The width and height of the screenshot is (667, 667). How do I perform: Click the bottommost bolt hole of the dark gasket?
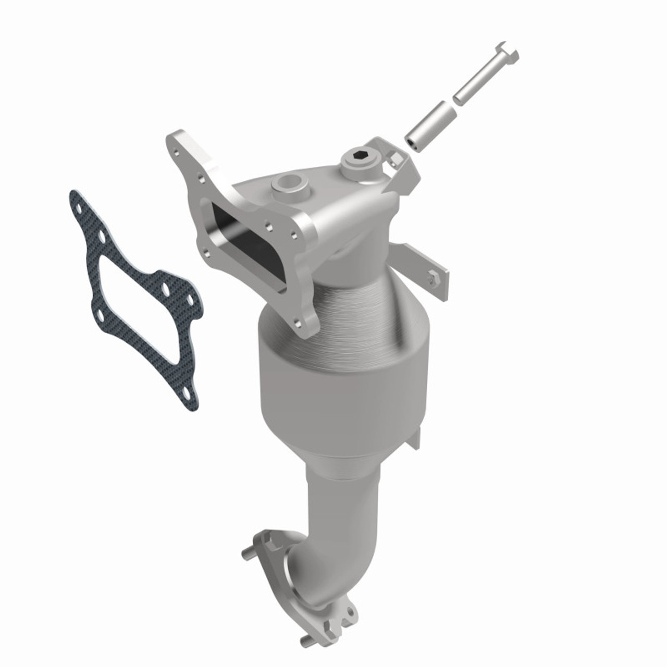pos(187,388)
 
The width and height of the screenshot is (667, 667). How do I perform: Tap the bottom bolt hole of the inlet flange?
pos(301,325)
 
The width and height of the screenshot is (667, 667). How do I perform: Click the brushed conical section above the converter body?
pos(365,313)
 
